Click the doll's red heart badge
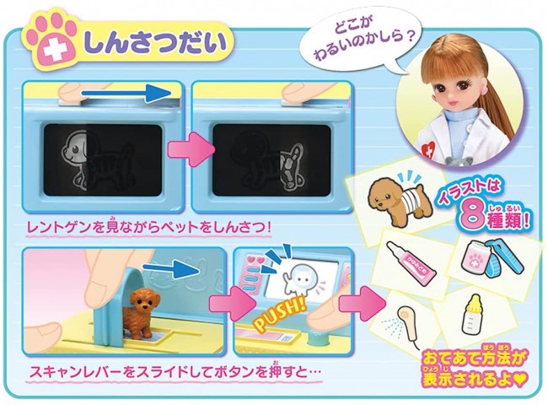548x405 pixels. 427,148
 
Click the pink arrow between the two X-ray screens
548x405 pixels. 191,151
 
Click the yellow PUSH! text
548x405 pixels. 278,315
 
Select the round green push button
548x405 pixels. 317,339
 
